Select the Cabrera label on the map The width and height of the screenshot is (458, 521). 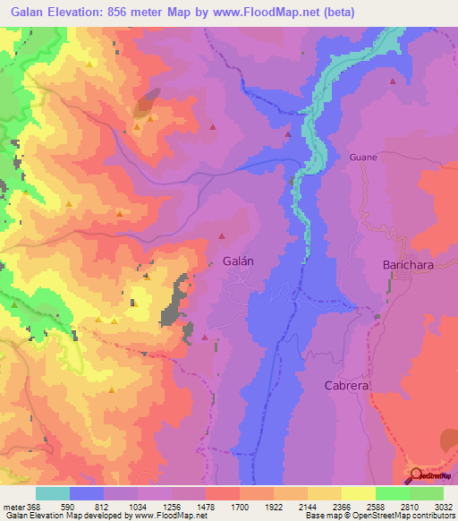click(x=346, y=385)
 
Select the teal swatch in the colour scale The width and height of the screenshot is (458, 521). click(x=53, y=493)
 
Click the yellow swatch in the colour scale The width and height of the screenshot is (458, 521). click(x=358, y=493)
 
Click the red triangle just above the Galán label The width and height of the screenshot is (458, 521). click(x=222, y=236)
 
